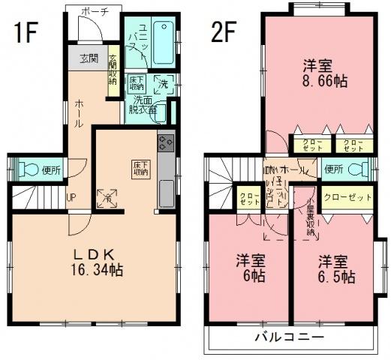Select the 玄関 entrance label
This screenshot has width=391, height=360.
tap(89, 58)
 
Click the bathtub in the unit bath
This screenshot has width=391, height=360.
tap(164, 34)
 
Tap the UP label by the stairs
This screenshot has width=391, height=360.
tap(71, 198)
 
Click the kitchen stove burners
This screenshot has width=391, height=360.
tap(165, 142)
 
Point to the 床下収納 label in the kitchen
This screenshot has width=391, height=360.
tap(140, 168)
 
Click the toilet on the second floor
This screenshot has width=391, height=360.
tap(363, 168)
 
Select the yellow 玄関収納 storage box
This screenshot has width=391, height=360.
tap(113, 70)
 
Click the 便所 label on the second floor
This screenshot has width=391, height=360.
tap(334, 169)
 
